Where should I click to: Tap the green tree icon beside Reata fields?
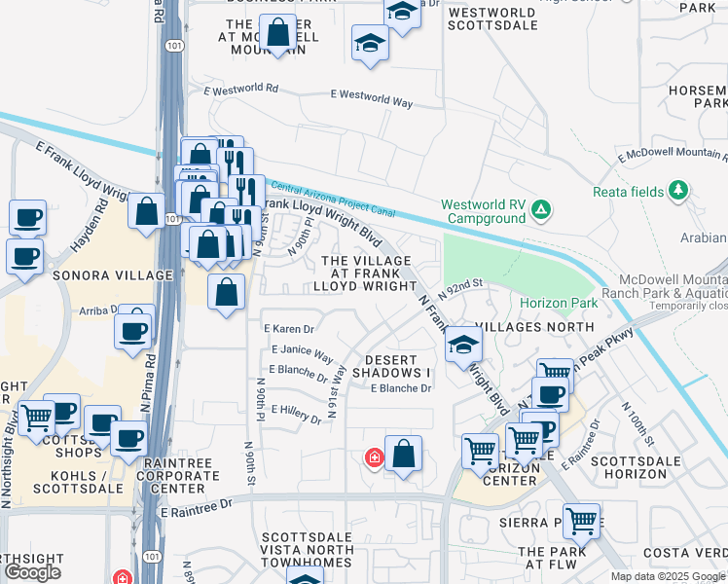pos(679,191)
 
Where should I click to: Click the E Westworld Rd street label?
pos(241,89)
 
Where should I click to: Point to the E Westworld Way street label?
pos(371,98)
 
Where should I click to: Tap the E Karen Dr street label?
pos(290,329)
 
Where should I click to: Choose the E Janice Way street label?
pos(302,352)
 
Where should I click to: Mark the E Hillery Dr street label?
pos(296,415)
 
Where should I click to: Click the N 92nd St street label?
pos(461,288)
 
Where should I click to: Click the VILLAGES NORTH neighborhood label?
pos(535,328)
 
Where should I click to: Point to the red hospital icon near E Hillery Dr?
pos(372,456)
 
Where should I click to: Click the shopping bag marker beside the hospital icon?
pos(403,454)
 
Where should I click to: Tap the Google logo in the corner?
pos(32,572)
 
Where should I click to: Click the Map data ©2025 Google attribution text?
pos(669,576)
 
